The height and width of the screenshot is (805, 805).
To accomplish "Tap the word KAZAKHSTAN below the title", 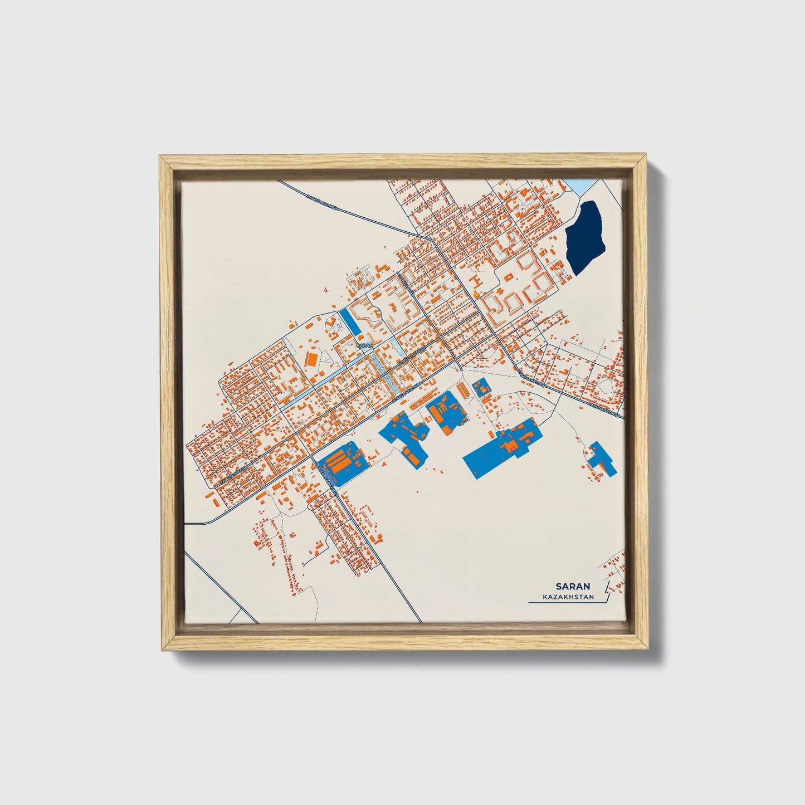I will pyautogui.click(x=568, y=597).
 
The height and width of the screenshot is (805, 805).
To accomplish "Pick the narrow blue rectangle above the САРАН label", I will pyautogui.click(x=350, y=321).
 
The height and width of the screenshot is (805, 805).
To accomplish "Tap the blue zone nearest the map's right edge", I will pyautogui.click(x=602, y=460).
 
